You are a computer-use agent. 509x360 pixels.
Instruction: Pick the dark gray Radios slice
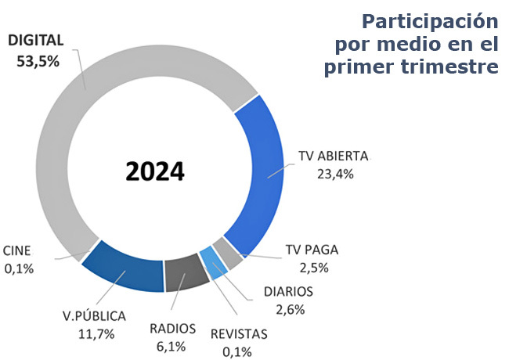click(186, 273)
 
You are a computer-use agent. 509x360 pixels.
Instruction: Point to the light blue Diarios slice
click(213, 264)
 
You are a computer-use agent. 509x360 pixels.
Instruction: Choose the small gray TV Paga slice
click(228, 254)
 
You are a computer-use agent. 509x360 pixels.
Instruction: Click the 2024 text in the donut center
click(155, 171)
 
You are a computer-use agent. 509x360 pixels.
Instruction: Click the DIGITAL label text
click(36, 41)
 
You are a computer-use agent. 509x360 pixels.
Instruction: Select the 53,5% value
click(38, 61)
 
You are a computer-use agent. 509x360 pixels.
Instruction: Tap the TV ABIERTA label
click(334, 156)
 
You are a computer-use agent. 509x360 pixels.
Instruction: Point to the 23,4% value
click(335, 175)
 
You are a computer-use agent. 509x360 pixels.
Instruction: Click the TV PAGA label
click(312, 250)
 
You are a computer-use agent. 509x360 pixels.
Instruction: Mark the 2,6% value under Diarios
click(291, 309)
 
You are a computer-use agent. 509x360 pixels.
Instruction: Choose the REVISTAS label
click(239, 334)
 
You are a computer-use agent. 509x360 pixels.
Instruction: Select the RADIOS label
click(173, 329)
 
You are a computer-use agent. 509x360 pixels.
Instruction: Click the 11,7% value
click(96, 334)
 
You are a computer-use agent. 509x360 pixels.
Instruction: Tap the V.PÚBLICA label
click(94, 315)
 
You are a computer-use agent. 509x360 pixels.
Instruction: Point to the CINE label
click(17, 250)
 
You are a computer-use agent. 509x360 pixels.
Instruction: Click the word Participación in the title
click(430, 21)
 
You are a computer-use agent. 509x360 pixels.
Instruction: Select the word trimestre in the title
click(449, 67)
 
